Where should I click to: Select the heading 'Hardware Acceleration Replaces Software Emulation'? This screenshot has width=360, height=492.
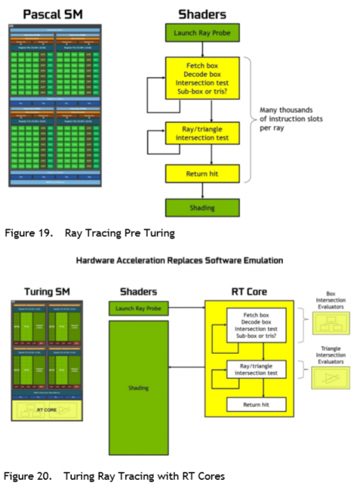(179, 260)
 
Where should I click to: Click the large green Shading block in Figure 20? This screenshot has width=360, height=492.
(140, 388)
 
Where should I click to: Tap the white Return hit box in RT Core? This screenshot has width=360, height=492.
(257, 404)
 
